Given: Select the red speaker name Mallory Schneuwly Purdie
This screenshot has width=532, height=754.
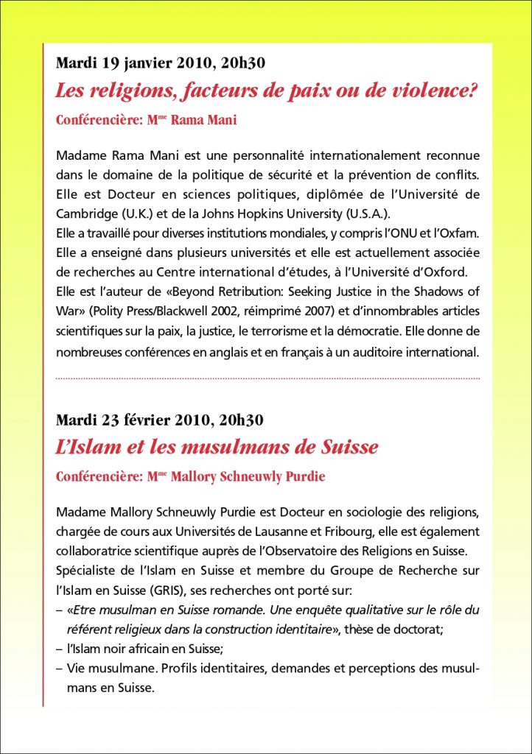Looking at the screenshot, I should click(248, 476).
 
